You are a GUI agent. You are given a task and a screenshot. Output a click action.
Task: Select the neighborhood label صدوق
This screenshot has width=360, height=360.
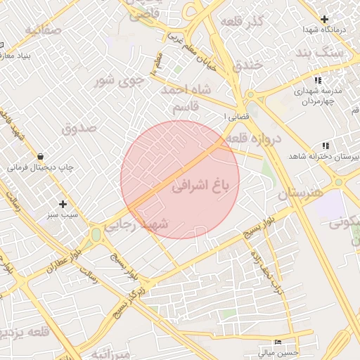coord(79,127)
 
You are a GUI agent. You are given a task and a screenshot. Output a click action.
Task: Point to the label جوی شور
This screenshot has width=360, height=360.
coord(119,80)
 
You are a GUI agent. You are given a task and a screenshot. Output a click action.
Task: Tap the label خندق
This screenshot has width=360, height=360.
coord(247,65)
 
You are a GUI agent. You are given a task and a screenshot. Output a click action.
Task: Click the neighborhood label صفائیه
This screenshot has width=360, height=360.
coord(44,30)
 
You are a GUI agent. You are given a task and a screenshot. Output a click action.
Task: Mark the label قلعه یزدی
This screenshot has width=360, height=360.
coord(25,331)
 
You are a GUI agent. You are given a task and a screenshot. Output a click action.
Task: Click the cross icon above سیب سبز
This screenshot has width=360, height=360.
coord(63,205)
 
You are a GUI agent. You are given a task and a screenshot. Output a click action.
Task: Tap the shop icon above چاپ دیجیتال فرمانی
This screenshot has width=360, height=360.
coord(40,156)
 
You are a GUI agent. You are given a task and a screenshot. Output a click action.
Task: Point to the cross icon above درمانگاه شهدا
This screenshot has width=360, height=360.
coord(324,19)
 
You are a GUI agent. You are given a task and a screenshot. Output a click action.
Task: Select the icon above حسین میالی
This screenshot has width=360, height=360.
coord(278,342)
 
